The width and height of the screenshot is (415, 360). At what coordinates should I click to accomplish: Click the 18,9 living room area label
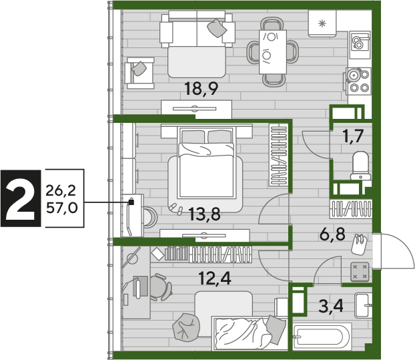point(201,89)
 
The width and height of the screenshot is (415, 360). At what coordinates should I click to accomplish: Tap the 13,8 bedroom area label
point(205,214)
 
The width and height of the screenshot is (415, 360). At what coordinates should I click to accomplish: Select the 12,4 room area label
point(215,279)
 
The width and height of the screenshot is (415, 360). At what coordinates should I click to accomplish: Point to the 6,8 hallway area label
point(332,234)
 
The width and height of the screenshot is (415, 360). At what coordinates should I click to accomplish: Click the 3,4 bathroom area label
point(331,306)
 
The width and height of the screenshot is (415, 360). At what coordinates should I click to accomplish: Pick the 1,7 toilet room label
point(353,136)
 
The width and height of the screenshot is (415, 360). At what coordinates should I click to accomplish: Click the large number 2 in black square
point(21,198)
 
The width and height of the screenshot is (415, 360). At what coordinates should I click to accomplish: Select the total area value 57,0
point(62,208)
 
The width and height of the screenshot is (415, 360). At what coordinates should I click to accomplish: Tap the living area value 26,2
point(61,190)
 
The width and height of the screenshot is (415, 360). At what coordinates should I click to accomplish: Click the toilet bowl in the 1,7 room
point(360,166)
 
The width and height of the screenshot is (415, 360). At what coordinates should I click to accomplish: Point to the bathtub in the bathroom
point(322,337)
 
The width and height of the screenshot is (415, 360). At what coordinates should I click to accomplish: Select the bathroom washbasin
point(364,305)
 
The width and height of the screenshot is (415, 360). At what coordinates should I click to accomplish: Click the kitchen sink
point(360,45)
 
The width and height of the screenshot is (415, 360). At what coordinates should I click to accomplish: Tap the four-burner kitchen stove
point(358,81)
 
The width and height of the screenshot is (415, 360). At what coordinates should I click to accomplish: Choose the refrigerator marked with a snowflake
point(322,23)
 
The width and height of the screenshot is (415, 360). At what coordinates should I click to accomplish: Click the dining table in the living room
point(273,52)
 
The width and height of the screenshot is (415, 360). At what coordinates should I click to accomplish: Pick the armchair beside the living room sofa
point(139,73)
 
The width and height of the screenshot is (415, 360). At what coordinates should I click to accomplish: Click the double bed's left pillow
point(193,137)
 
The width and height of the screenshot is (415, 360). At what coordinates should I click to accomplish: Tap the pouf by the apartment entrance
point(360,272)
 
